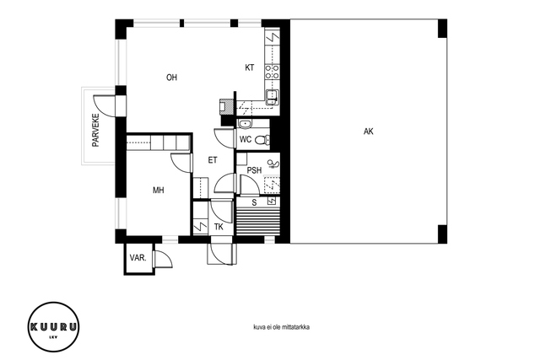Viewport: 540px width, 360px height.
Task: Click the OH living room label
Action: (171, 78)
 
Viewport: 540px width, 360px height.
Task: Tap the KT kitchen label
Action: (250, 67)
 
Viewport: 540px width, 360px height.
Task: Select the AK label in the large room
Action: (368, 132)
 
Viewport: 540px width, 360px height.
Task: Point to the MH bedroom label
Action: (159, 190)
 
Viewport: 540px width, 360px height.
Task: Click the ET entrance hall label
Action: (213, 160)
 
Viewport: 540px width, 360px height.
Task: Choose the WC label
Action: (246, 139)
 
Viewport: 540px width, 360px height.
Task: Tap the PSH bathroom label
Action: (255, 170)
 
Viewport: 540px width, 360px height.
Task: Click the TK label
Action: (219, 227)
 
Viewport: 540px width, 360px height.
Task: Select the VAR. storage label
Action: (138, 257)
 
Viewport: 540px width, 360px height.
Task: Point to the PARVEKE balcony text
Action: (95, 130)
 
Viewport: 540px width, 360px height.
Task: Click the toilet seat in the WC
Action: (262, 140)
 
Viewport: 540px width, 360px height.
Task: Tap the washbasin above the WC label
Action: (246, 124)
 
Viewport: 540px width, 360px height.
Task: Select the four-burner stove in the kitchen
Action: (272, 72)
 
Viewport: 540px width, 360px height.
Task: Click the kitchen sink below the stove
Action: (272, 96)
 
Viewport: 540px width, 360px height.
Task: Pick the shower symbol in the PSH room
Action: (273, 164)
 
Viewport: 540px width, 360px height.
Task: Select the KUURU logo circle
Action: (53, 327)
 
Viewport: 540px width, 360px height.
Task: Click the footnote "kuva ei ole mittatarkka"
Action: (281, 327)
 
